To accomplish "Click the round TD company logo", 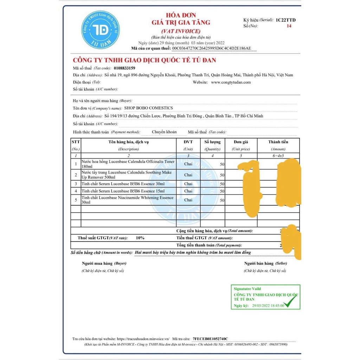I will point(101,30).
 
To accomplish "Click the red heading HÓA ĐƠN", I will point(181,15).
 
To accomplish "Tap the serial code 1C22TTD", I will point(285,20).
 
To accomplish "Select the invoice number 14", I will point(289,26).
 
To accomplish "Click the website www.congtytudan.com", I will point(231,82).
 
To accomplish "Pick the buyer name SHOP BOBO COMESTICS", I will point(149,108).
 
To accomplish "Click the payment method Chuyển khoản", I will point(164,132).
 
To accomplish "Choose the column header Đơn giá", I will point(241,142).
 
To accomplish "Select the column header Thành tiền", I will point(278,142).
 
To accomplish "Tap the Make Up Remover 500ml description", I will point(127,175).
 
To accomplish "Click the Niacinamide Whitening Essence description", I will point(127,200).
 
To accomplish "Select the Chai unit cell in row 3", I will point(188,184).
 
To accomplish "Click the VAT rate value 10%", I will point(140,238).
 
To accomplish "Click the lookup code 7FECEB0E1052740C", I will point(210,339).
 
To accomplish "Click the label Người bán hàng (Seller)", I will point(265,263).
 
